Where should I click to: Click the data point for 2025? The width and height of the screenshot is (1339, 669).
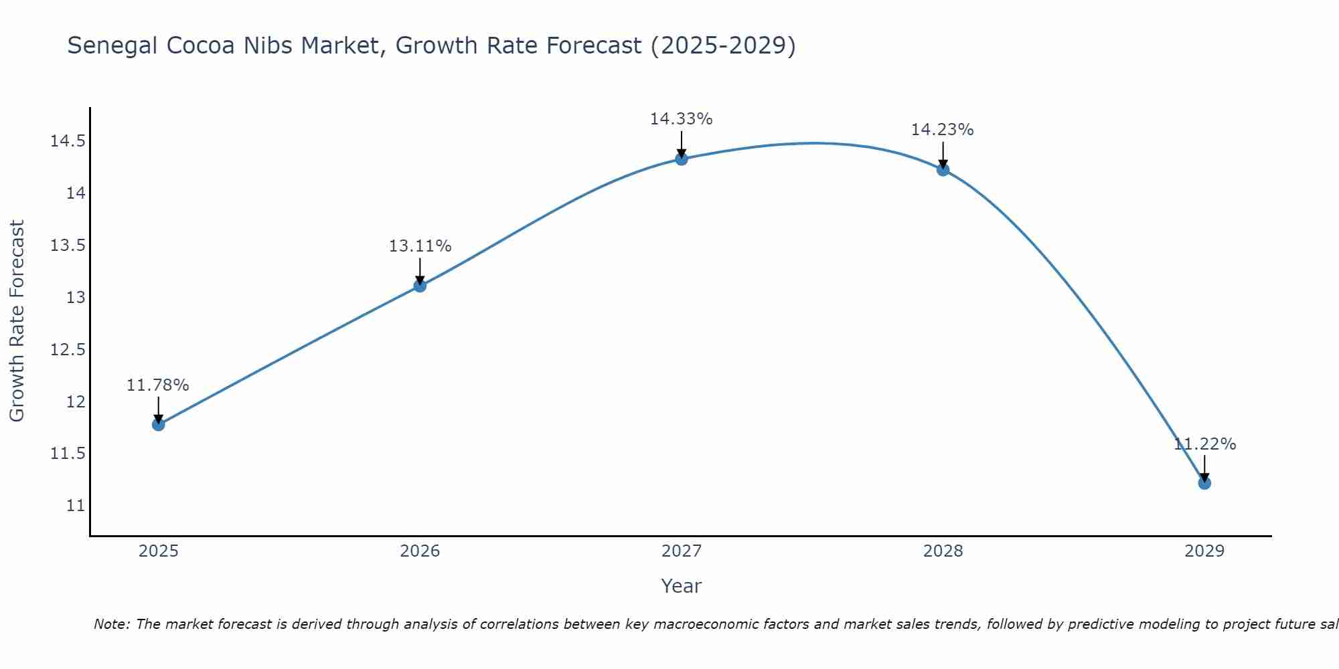[x=159, y=424]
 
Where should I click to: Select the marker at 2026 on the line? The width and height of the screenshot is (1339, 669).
[x=420, y=286]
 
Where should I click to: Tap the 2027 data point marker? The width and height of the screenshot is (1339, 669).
[x=682, y=159]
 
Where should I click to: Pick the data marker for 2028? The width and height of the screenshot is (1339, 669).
[x=943, y=169]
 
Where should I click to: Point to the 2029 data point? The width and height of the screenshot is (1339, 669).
[x=1204, y=483]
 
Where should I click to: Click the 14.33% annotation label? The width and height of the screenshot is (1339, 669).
[x=681, y=119]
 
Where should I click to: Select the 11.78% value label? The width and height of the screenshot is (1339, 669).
[x=158, y=385]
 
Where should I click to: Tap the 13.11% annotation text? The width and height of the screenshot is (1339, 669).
[x=420, y=246]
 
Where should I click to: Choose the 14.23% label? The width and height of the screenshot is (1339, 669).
[x=942, y=130]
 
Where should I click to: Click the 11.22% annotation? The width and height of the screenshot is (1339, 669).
[x=1204, y=444]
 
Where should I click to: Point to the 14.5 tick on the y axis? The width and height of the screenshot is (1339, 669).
[x=68, y=141]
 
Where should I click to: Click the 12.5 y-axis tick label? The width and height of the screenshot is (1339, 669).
[x=68, y=350]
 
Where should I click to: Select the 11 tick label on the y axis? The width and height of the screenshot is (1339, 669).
[x=76, y=506]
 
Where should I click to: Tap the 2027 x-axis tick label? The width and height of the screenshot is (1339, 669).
[x=681, y=551]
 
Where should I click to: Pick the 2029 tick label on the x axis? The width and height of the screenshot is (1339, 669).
[x=1204, y=551]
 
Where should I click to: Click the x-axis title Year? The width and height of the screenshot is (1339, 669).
[x=681, y=586]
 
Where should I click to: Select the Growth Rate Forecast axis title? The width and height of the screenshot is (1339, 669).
[x=17, y=320]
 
